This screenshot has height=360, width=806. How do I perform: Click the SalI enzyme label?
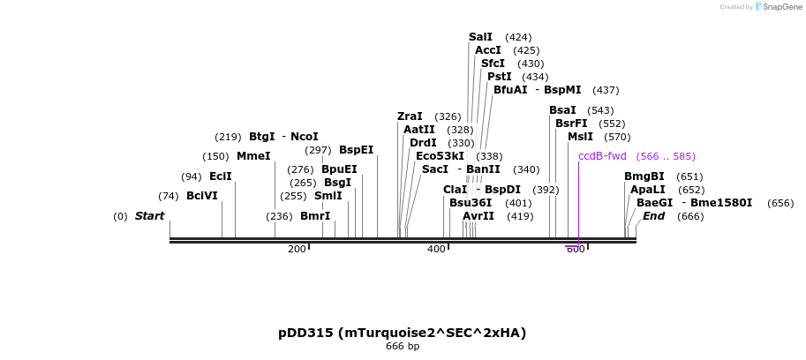point(480,37)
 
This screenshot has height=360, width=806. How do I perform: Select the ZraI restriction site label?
point(410,116)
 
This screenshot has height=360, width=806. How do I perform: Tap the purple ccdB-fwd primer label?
point(602,156)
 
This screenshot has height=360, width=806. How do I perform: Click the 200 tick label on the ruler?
point(297,249)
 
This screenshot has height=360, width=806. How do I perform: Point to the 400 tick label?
point(436,249)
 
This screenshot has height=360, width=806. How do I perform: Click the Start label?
point(149,216)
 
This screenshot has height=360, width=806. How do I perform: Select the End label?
point(653,216)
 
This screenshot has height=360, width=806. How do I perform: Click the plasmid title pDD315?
point(402,333)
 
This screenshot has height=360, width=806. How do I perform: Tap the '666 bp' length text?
point(402,347)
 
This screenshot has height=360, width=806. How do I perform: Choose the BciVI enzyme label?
point(201,196)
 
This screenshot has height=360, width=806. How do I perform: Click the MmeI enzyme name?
point(253,156)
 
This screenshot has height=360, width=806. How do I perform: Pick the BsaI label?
point(562,110)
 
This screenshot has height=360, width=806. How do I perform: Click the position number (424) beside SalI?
point(518,37)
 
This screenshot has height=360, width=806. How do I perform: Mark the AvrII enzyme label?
point(478,216)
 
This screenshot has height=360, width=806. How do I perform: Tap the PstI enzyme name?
point(499,77)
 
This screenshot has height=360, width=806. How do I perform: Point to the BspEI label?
point(356,150)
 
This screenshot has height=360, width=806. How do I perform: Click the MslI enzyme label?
point(580,137)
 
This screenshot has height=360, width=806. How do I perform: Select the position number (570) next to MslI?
point(618,137)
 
